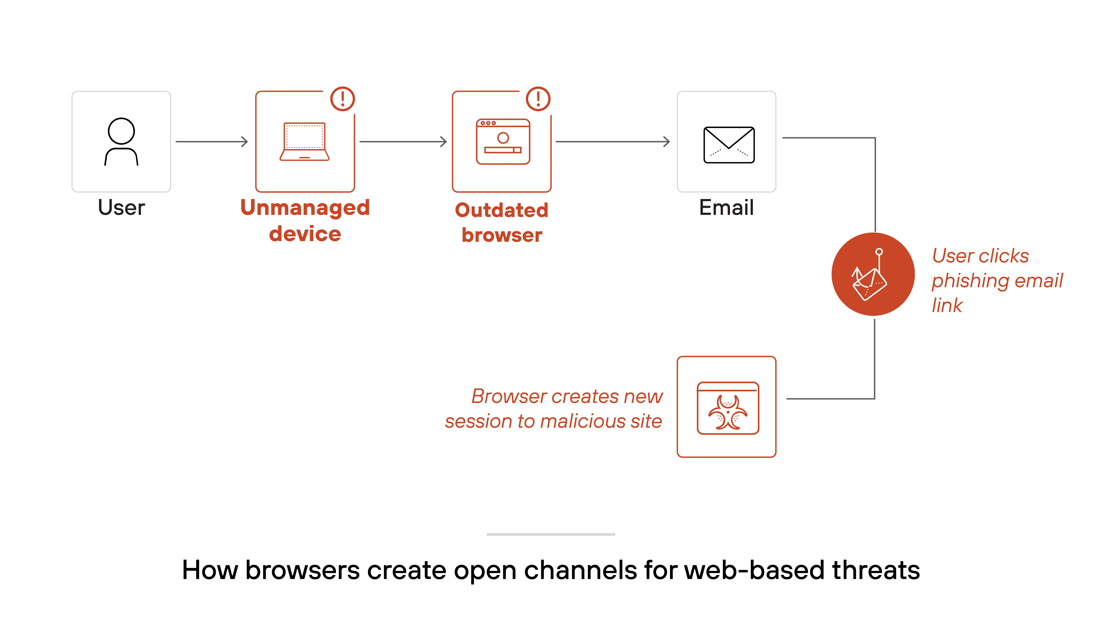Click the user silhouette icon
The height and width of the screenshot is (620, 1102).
pyautogui.click(x=121, y=141)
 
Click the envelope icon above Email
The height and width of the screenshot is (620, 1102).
pyautogui.click(x=729, y=145)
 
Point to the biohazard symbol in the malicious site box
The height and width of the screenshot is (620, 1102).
pyautogui.click(x=728, y=412)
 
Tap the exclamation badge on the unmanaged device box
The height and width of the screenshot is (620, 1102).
pyautogui.click(x=343, y=99)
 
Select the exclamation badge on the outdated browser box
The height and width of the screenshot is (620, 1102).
pyautogui.click(x=538, y=99)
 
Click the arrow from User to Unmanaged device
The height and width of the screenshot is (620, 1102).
pyautogui.click(x=212, y=142)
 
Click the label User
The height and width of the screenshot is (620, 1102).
pyautogui.click(x=121, y=208)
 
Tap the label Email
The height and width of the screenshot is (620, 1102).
pyautogui.click(x=726, y=208)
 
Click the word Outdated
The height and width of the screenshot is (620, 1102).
pyautogui.click(x=501, y=210)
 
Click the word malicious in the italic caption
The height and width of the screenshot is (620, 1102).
pyautogui.click(x=583, y=421)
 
